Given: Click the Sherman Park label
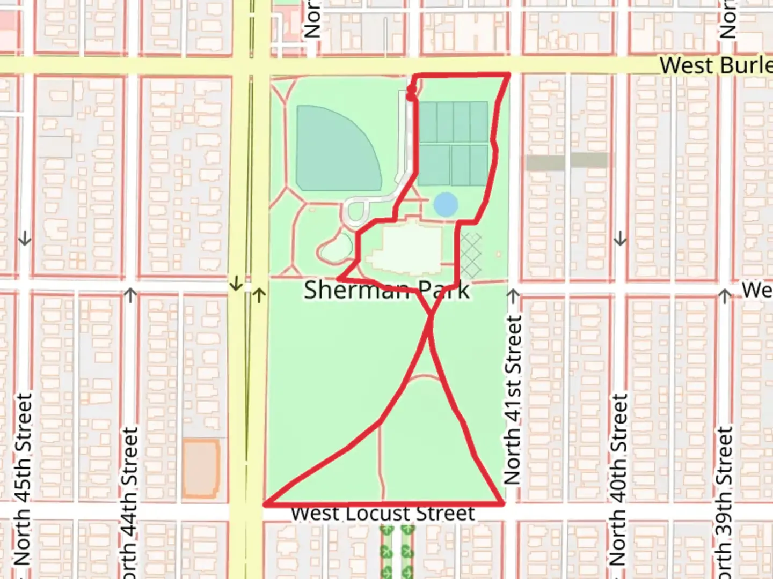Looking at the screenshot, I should click(x=386, y=290).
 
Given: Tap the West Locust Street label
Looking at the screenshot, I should click(x=383, y=513).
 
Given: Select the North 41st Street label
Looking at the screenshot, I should click(x=513, y=400).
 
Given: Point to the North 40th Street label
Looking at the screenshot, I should click(x=619, y=480).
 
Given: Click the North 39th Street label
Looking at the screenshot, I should click(x=725, y=501).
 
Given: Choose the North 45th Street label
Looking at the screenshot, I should click(x=23, y=480).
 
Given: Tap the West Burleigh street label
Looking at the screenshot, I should click(x=716, y=65).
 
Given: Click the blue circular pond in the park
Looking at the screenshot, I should click(x=446, y=205).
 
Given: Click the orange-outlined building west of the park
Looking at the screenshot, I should click(x=201, y=469).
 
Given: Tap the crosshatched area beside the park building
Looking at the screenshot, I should click(x=471, y=255).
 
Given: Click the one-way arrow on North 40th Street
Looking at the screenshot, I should click(x=620, y=239).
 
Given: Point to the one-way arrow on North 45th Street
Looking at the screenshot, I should click(x=25, y=239).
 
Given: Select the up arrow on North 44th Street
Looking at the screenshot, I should click(x=130, y=294).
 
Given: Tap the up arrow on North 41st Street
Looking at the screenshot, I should click(x=513, y=295).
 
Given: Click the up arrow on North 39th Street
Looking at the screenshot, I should click(x=725, y=295).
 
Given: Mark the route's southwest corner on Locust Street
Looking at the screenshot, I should click(x=265, y=504).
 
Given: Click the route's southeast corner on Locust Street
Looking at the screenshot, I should click(x=502, y=503).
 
